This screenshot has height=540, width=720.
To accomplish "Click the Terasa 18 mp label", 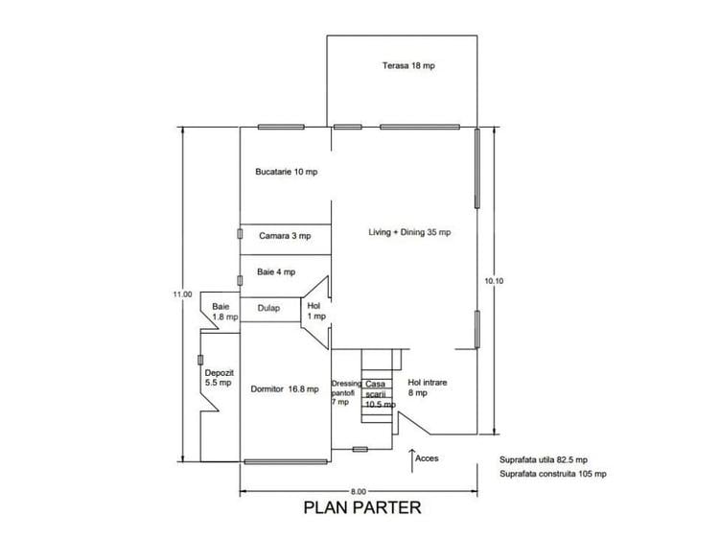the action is click(408, 66).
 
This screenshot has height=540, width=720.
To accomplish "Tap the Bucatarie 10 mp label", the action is click(286, 172).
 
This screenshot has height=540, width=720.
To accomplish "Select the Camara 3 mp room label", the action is click(285, 236).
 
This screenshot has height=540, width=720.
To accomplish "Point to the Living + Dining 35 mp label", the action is click(409, 232).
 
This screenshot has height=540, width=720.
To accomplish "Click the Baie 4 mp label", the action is click(276, 272).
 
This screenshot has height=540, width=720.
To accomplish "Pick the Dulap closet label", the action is click(268, 308).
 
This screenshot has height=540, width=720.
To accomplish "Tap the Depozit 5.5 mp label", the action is click(219, 378).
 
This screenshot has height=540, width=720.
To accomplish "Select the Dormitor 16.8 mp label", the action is click(285, 389).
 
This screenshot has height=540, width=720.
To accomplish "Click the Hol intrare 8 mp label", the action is click(427, 387).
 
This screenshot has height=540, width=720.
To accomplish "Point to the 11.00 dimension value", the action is click(182, 294).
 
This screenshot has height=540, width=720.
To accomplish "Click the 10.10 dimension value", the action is click(494, 281).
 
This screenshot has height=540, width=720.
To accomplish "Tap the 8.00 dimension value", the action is click(359, 492).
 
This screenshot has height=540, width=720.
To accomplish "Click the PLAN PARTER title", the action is click(362, 507).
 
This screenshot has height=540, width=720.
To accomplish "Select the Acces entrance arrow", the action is click(412, 461).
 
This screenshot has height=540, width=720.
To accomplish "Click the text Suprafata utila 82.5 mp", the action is click(544, 459).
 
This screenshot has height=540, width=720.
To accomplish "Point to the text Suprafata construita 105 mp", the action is click(553, 474).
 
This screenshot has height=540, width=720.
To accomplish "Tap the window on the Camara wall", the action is click(240, 234).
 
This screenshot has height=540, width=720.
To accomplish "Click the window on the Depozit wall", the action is click(200, 360).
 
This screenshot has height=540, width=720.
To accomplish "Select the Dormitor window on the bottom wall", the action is click(286, 462).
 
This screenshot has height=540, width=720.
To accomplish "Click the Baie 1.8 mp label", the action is click(225, 312).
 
